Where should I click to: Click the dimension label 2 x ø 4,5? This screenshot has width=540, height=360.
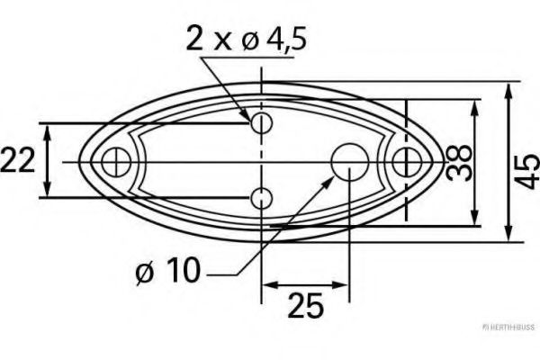pyautogui.click(x=242, y=40)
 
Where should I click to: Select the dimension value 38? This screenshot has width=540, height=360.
pyautogui.click(x=460, y=162)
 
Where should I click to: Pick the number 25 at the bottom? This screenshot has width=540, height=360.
pyautogui.click(x=305, y=307)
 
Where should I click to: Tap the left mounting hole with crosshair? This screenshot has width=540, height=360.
pyautogui.click(x=112, y=162)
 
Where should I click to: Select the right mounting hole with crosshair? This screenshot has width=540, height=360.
pyautogui.click(x=408, y=162)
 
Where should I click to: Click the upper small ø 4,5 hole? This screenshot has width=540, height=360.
pyautogui.click(x=261, y=121)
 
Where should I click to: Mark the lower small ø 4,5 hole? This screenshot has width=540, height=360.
pyautogui.click(x=261, y=198)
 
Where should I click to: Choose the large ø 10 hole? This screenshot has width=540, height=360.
pyautogui.click(x=347, y=162)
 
